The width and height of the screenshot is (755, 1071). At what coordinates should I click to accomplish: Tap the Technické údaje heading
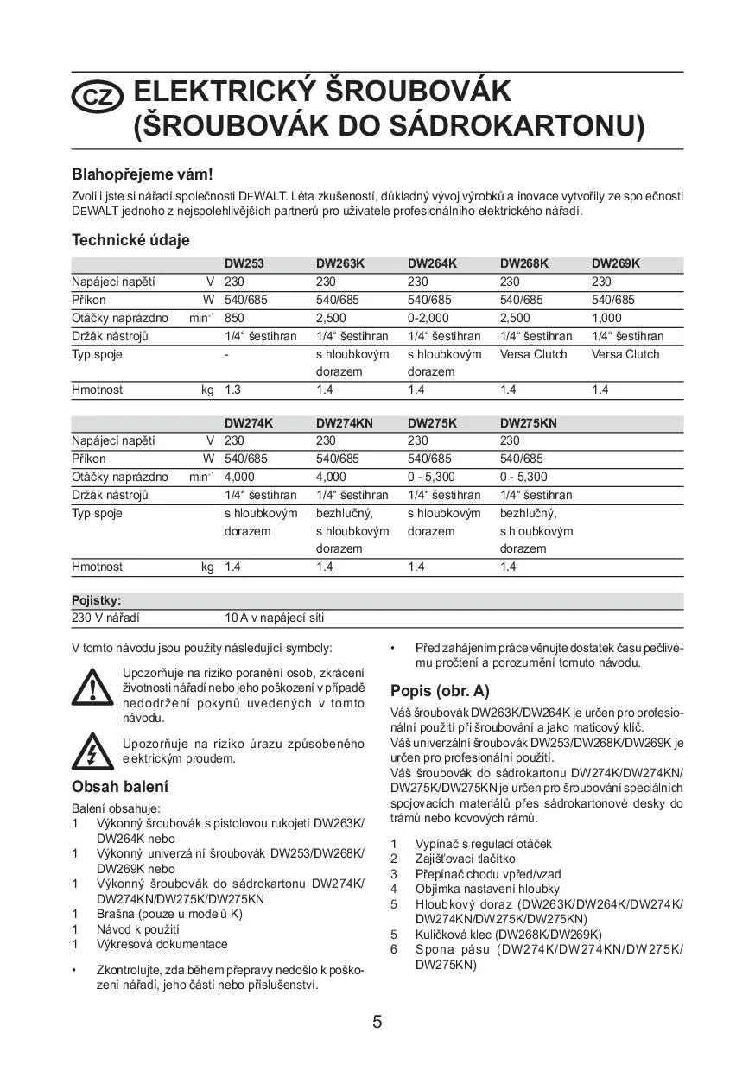[x=130, y=240]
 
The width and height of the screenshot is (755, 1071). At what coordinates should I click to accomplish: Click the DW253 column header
[x=244, y=263]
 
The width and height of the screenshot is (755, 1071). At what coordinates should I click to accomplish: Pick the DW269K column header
[x=615, y=263]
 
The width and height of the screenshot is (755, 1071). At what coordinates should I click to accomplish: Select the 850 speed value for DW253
[x=235, y=318]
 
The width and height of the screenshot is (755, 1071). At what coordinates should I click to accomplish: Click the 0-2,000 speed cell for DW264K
[x=428, y=318]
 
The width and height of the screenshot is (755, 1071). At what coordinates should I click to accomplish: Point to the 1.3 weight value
[x=233, y=390]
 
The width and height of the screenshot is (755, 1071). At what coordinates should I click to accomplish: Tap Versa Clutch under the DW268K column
[x=533, y=354]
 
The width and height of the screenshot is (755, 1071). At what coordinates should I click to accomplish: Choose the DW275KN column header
[x=528, y=423]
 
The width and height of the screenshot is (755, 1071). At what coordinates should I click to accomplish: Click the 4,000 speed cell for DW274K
[x=239, y=477]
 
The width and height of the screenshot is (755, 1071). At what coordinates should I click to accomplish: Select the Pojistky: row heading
[x=96, y=600]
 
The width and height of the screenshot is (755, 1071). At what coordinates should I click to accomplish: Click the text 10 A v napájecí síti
[x=274, y=618]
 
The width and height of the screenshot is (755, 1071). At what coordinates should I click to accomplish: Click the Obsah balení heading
[x=120, y=786]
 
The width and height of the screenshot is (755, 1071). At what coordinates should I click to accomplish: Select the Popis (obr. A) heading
[x=440, y=690]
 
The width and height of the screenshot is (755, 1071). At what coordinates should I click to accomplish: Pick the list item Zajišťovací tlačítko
[x=465, y=859]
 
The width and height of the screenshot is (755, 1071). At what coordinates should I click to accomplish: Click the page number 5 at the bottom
[x=377, y=1022]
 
